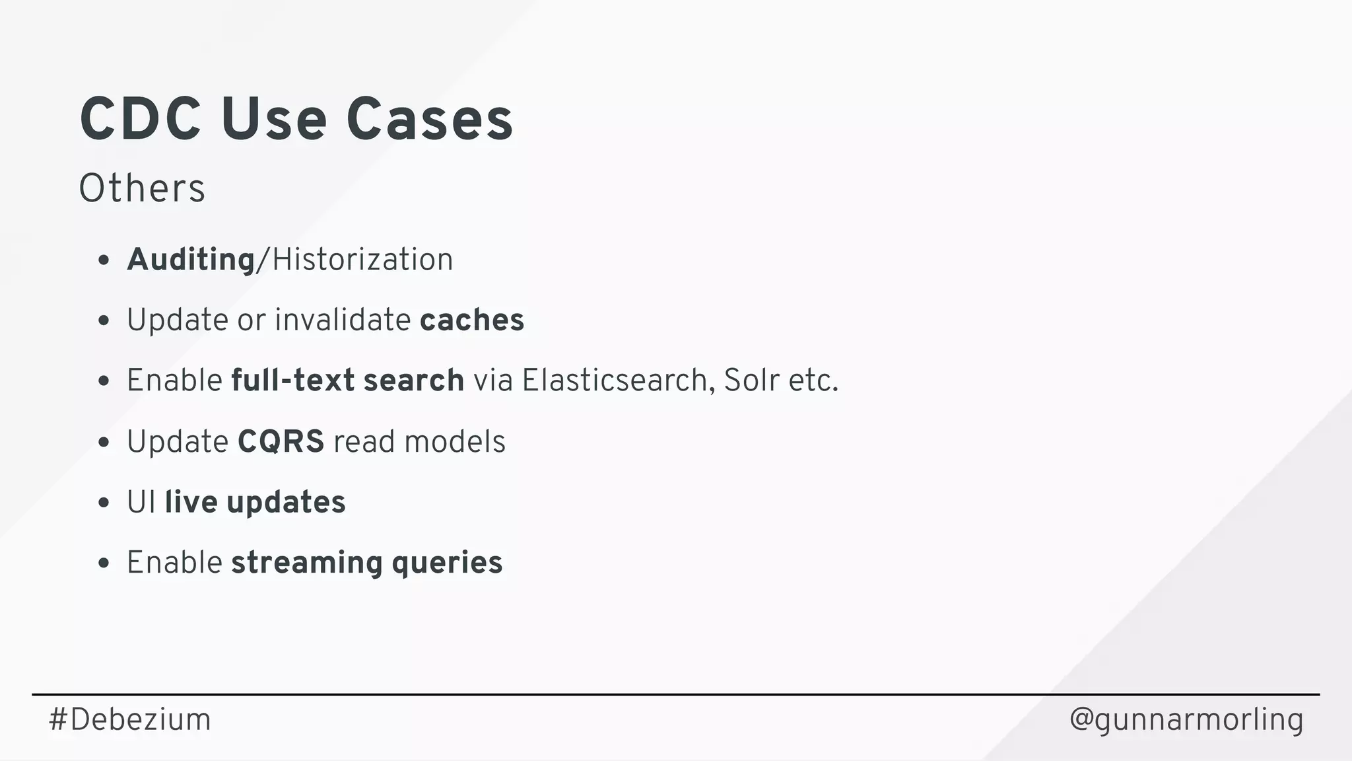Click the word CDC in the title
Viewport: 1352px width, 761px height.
[140, 120]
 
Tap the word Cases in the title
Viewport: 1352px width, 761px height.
[429, 120]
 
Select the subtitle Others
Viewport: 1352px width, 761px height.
[142, 188]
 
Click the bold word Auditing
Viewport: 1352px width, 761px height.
[191, 260]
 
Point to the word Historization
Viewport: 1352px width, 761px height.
[362, 260]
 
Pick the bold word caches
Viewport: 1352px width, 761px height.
[472, 320]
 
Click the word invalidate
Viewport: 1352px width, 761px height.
[343, 320]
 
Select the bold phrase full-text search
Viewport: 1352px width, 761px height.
[347, 380]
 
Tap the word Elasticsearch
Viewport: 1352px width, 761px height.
[614, 380]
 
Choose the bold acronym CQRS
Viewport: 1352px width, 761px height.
[281, 441]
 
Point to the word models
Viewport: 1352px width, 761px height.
[455, 441]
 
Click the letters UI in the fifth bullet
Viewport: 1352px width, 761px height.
[141, 502]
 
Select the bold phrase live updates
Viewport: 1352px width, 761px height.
[255, 502]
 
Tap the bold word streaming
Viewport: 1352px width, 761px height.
[306, 563]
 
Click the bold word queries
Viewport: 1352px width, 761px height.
[447, 563]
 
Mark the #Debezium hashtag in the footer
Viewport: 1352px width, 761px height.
[130, 719]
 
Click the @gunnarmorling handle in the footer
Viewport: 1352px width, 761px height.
[1186, 719]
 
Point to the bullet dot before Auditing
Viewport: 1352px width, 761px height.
[103, 260]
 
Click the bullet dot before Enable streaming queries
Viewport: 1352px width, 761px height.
[103, 563]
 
